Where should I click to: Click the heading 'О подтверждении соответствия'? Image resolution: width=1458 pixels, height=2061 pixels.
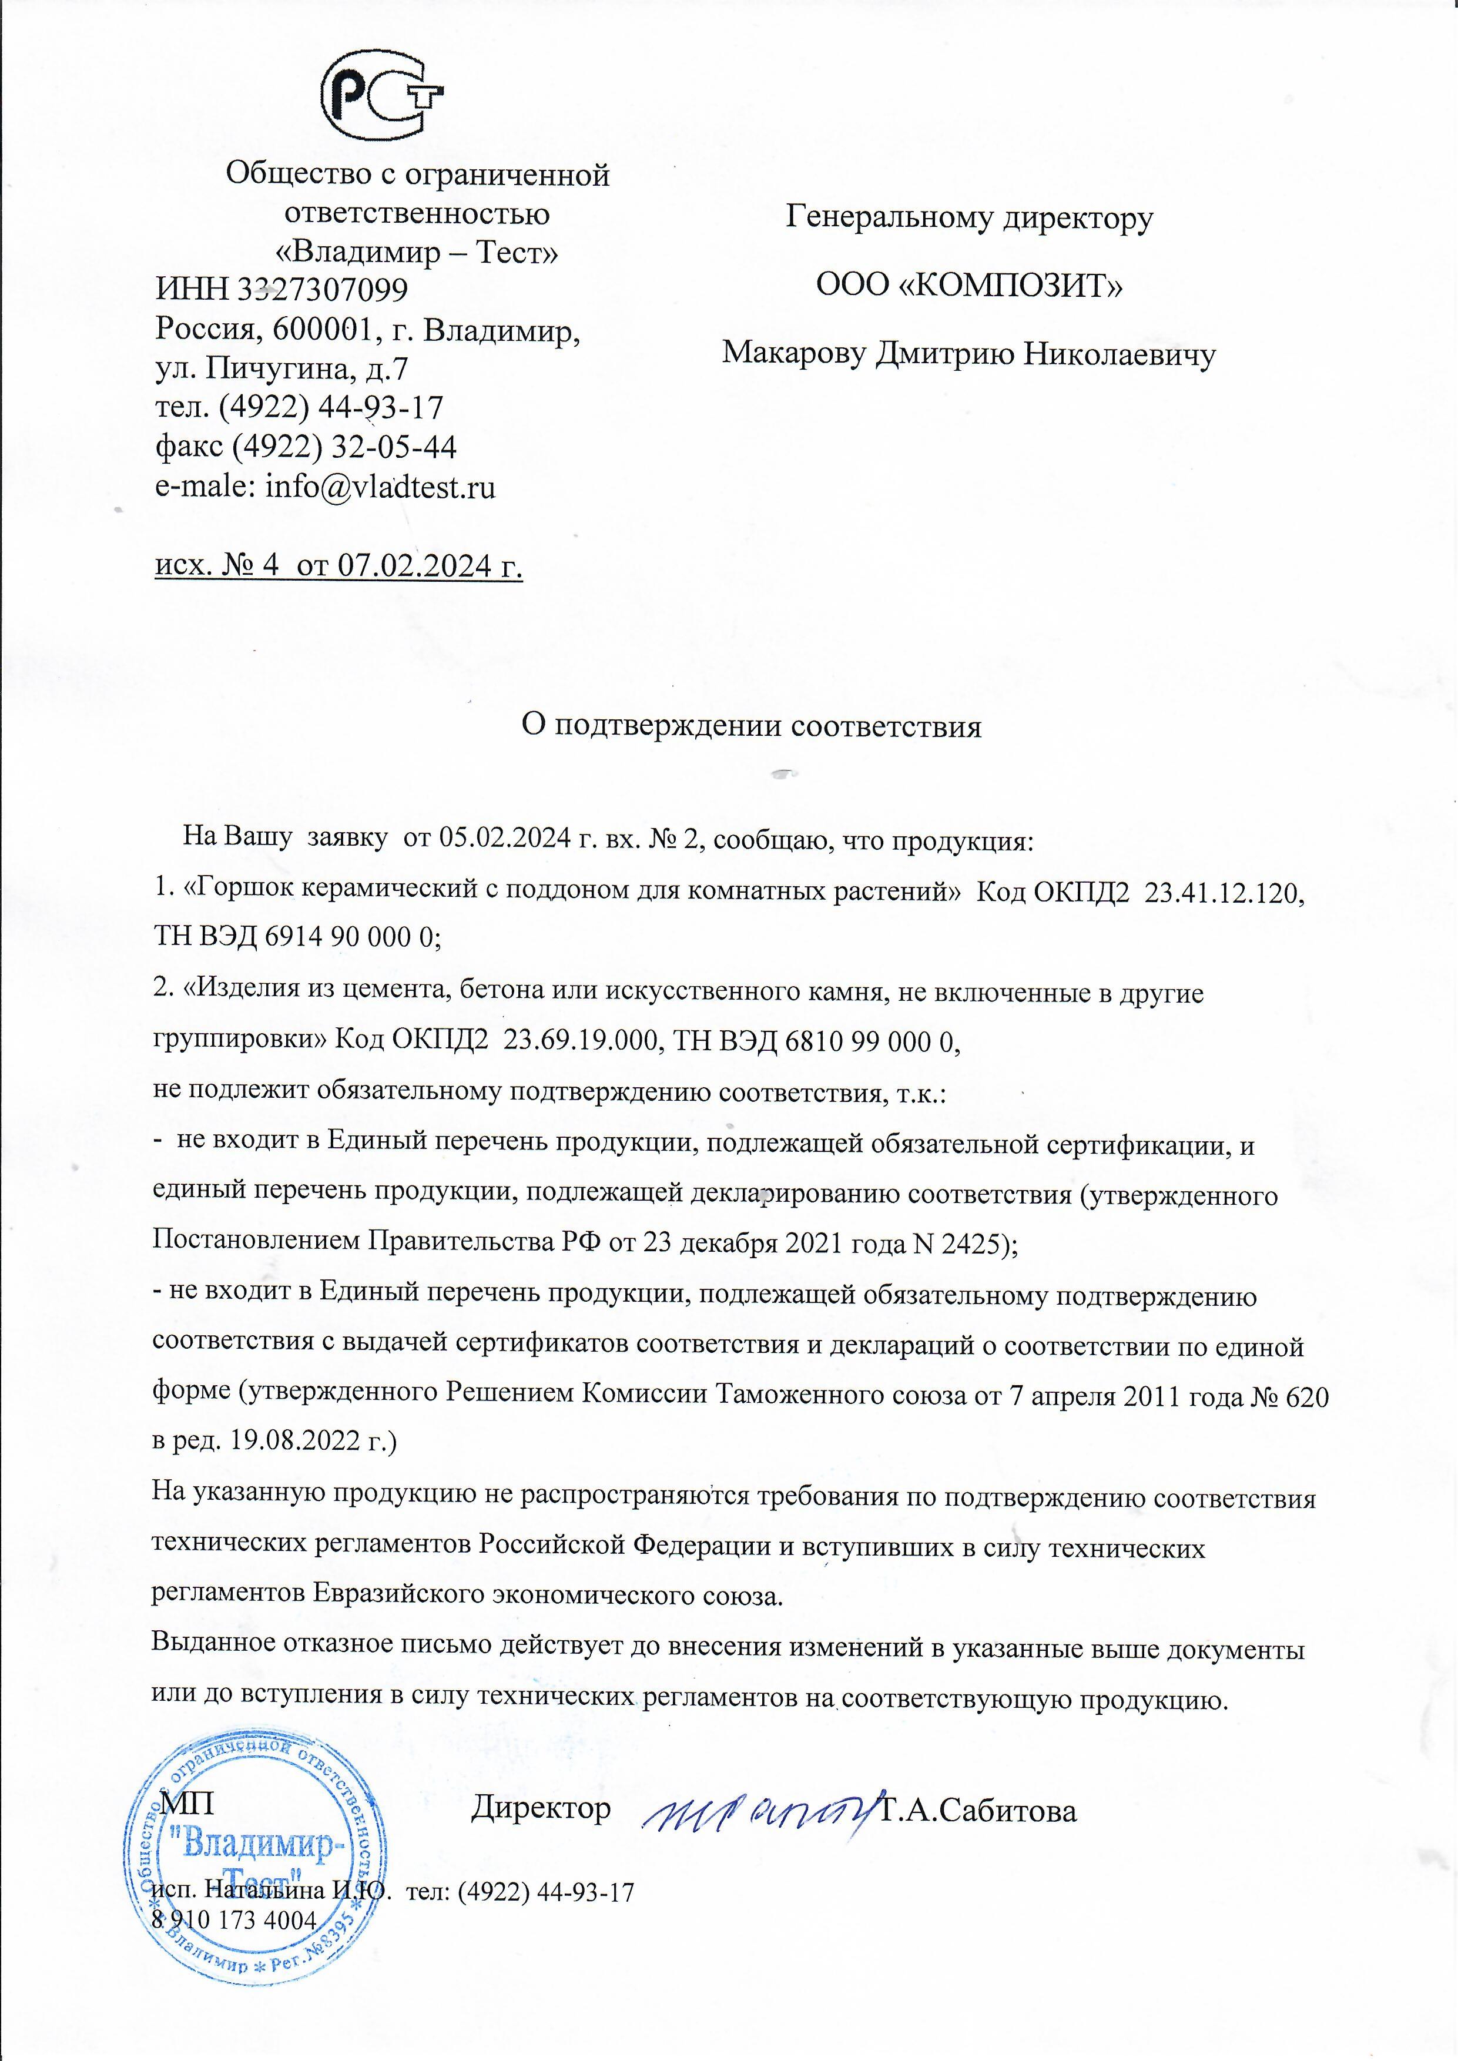tap(752, 725)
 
